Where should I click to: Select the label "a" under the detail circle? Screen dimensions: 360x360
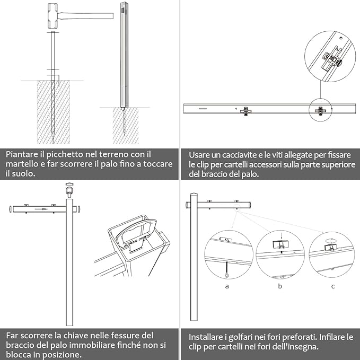click(x=227, y=286)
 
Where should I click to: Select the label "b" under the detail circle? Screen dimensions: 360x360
click(x=280, y=286)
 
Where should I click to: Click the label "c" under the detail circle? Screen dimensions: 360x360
click(x=332, y=286)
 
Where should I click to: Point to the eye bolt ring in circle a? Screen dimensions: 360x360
click(x=227, y=275)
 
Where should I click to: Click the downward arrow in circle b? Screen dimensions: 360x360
click(x=280, y=235)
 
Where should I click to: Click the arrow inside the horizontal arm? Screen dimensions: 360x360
click(x=40, y=209)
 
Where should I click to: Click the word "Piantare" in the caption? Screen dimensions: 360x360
click(x=23, y=154)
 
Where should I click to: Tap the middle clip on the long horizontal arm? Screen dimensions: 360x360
click(x=245, y=111)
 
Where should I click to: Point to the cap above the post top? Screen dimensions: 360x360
click(x=68, y=189)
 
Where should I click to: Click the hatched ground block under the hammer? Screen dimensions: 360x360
click(x=53, y=111)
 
